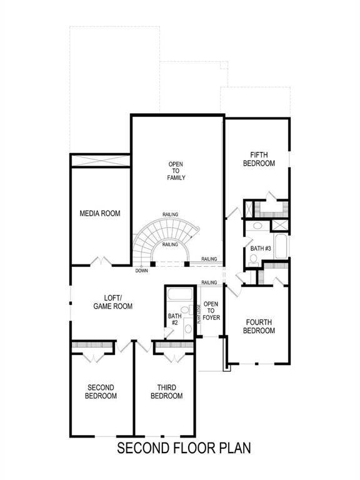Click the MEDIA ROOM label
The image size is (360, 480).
[100, 214]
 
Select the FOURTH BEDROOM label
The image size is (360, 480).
[259, 326]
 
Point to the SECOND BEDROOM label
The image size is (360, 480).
[101, 392]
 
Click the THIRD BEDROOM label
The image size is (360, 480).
[166, 392]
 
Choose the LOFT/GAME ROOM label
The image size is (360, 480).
[113, 302]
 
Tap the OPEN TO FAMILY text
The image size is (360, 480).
[176, 171]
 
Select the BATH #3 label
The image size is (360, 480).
[261, 249]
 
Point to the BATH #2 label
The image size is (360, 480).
[174, 319]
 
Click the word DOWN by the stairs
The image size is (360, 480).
[142, 271]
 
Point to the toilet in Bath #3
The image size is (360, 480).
[257, 226]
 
